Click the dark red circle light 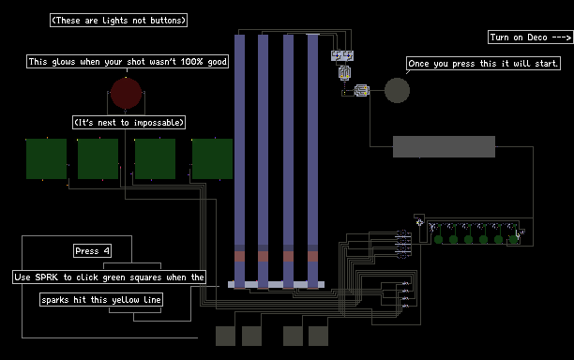click(x=127, y=94)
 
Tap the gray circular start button click(x=397, y=90)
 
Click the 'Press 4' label click(x=92, y=251)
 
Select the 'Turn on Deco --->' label click(x=531, y=37)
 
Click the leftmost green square click(x=47, y=158)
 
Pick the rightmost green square click(x=212, y=158)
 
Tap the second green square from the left click(x=98, y=158)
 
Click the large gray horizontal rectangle click(x=444, y=146)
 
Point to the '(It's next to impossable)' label click(x=128, y=122)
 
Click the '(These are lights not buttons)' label click(x=118, y=20)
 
